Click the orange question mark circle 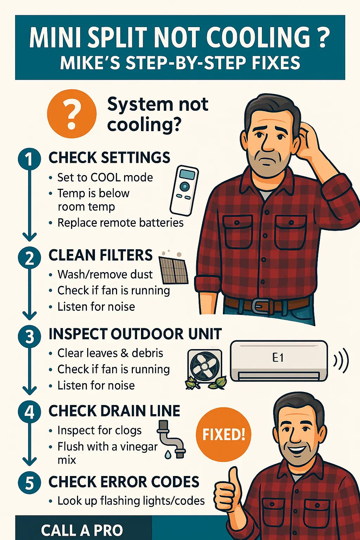click(x=72, y=114)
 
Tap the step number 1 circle click(x=30, y=159)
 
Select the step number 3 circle click(x=30, y=336)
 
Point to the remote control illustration click(x=184, y=190)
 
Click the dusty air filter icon click(x=173, y=267)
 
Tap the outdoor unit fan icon click(x=205, y=367)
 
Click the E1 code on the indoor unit click(x=278, y=358)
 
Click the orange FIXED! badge click(x=223, y=434)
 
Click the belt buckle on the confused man click(x=259, y=306)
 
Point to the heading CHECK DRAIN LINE click(x=114, y=411)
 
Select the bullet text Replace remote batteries click(x=120, y=223)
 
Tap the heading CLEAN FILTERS click(x=101, y=255)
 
